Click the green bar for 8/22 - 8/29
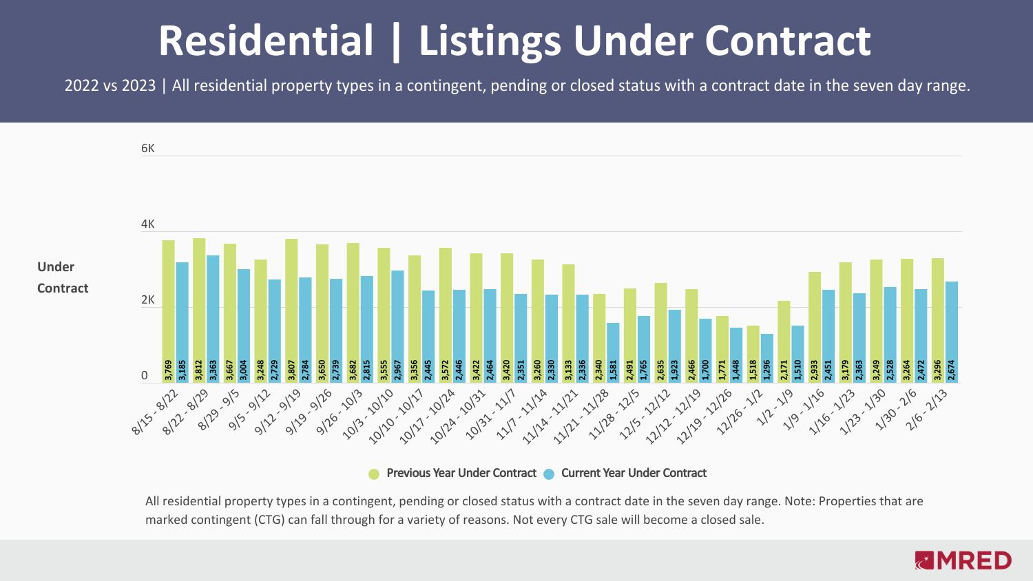coord(199,303)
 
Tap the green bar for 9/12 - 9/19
coord(291,303)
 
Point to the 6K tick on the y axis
coord(148,149)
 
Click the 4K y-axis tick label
coord(148,224)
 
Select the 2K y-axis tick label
coord(148,300)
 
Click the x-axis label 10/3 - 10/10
coord(368,413)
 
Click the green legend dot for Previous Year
coord(374,474)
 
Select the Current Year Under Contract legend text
coord(634,473)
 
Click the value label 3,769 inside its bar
coord(169,370)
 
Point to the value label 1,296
coord(766,370)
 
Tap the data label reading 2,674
coord(952,370)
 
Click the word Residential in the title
coord(266,41)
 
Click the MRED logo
coord(963,560)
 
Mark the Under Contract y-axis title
coord(63,277)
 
